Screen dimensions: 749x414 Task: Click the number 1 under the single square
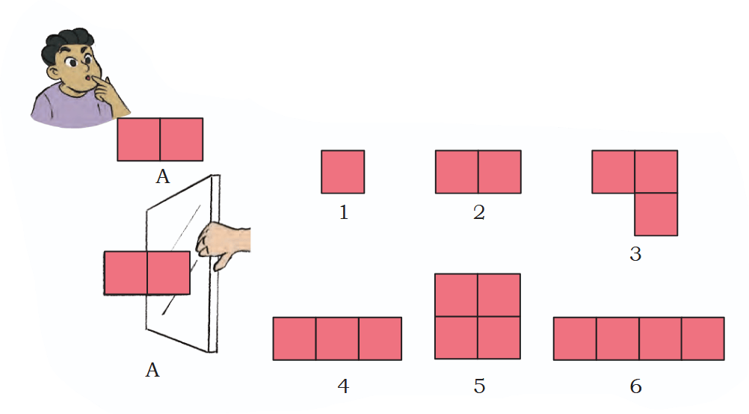[x=343, y=212]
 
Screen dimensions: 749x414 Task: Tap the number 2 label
[x=479, y=212]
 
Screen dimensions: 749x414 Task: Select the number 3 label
[x=635, y=254]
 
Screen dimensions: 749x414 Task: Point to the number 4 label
[x=343, y=386]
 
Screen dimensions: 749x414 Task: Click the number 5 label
[x=479, y=386]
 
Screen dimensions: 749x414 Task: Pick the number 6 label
[x=635, y=386]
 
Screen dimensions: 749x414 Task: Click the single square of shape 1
[x=343, y=172]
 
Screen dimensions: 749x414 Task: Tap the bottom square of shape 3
[x=656, y=214]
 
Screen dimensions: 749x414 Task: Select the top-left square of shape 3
[x=614, y=172]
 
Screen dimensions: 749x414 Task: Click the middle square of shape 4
[x=337, y=339]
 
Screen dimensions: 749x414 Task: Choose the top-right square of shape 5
[x=499, y=295]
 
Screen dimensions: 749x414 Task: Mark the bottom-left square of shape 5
[x=456, y=338]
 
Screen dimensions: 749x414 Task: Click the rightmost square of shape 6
[x=703, y=339]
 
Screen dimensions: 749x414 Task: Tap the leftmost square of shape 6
[x=575, y=339]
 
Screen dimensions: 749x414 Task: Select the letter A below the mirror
[x=152, y=370]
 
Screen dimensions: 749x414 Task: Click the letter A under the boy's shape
[x=163, y=177]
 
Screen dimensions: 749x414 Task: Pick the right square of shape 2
[x=499, y=172]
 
